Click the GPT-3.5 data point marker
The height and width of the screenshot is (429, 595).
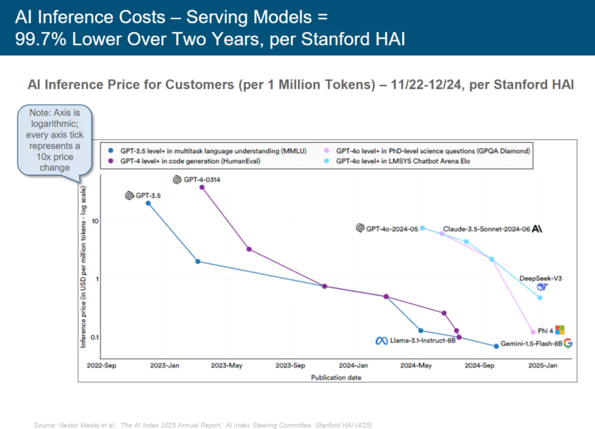(x=148, y=203)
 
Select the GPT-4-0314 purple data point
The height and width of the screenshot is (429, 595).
(x=202, y=187)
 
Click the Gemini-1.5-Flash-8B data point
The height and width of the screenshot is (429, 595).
(x=496, y=346)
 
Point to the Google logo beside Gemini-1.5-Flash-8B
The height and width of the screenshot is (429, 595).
(x=568, y=343)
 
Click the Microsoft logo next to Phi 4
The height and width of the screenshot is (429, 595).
(x=559, y=330)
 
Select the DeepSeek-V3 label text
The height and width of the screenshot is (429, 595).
(x=540, y=278)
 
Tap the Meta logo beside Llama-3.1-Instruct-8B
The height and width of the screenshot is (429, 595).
(x=381, y=341)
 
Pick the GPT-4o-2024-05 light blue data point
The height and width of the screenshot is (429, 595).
(x=422, y=228)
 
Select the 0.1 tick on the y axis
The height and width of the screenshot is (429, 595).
(x=93, y=337)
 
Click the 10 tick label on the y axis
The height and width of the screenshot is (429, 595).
(x=95, y=221)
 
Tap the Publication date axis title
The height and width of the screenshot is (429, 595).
(x=336, y=377)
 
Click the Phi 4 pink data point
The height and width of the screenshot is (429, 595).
(x=533, y=332)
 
